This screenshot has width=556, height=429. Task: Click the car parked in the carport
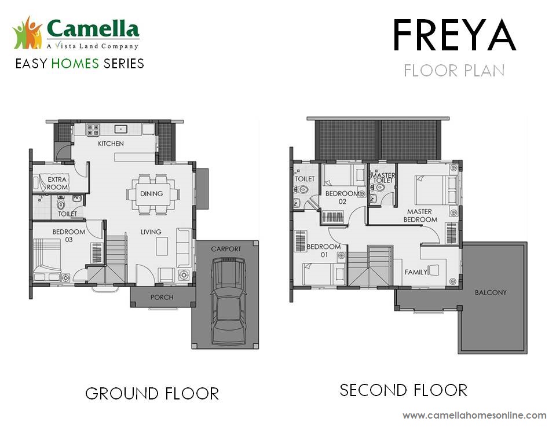pos(228,302)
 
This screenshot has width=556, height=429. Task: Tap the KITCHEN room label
pos(111,144)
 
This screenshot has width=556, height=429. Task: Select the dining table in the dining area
pos(153,194)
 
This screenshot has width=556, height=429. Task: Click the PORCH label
pos(162,297)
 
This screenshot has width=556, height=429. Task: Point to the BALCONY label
pos(491,292)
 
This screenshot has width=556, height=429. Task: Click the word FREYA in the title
pos(454,36)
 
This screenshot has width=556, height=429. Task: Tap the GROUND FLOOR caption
pos(152,394)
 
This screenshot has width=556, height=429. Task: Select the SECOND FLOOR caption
pos(404,390)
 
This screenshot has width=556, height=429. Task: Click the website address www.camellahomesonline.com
pos(474,415)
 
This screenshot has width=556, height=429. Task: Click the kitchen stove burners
pos(93,130)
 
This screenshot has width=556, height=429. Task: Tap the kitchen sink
pos(121,129)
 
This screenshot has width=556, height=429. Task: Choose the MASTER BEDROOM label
pos(420,215)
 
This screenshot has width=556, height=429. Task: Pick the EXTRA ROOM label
pos(57,184)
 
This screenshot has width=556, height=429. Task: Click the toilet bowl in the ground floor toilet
pos(61,204)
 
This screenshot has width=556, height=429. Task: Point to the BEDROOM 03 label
pos(69,236)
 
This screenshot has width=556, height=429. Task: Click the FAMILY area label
pos(416,272)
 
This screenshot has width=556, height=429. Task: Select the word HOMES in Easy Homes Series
pos(75,64)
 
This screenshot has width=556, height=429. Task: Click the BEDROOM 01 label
pos(324,251)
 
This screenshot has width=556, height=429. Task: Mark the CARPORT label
pos(226,249)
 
